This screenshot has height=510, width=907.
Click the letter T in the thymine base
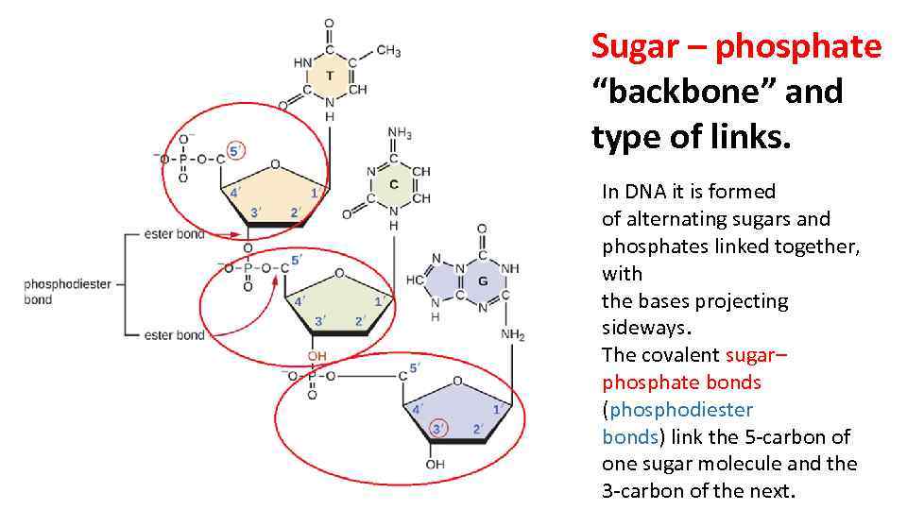point(329,75)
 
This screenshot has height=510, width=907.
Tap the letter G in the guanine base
point(483,281)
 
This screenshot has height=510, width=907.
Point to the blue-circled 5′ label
point(233,150)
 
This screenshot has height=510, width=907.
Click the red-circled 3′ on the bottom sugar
point(436,429)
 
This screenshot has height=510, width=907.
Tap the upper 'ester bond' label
point(176,233)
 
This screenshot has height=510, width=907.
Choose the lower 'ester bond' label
point(176,334)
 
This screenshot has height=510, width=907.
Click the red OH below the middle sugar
point(317,356)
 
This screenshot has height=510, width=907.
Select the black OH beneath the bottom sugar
point(435,464)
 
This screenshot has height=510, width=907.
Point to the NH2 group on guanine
point(513,335)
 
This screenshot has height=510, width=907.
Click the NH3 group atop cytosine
point(400,133)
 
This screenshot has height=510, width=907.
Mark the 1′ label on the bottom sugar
point(496,409)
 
